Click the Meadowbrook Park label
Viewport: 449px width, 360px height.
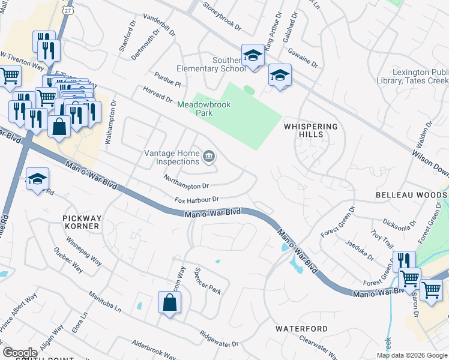click(x=204, y=109)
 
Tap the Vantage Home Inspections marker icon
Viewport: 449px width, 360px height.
click(x=209, y=157)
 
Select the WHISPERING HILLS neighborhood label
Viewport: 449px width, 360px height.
click(x=311, y=130)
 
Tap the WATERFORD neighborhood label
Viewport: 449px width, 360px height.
click(x=301, y=329)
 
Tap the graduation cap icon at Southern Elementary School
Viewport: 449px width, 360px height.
click(x=253, y=56)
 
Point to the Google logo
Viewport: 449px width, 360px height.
click(x=20, y=353)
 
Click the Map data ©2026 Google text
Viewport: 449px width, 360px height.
click(x=412, y=355)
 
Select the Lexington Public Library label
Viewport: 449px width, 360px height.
click(x=420, y=76)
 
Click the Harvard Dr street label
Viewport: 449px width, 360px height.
click(x=158, y=99)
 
